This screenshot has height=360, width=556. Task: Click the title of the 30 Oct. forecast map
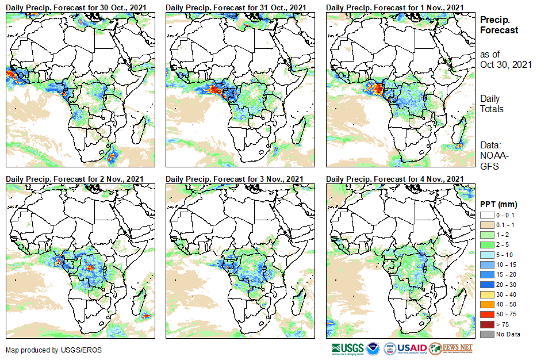pos(76,7)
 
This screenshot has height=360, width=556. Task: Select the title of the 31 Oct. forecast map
pos(236,7)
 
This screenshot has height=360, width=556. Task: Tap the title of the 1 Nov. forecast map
pos(395,7)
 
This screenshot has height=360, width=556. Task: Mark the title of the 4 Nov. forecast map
pos(395,179)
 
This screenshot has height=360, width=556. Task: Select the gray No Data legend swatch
pos(486,334)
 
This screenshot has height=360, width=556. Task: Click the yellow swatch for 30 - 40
pos(486,294)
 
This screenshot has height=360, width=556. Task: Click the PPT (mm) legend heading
pos(499,204)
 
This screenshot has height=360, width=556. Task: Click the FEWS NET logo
pos(451,349)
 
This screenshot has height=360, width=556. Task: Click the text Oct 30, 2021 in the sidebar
pos(505,64)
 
